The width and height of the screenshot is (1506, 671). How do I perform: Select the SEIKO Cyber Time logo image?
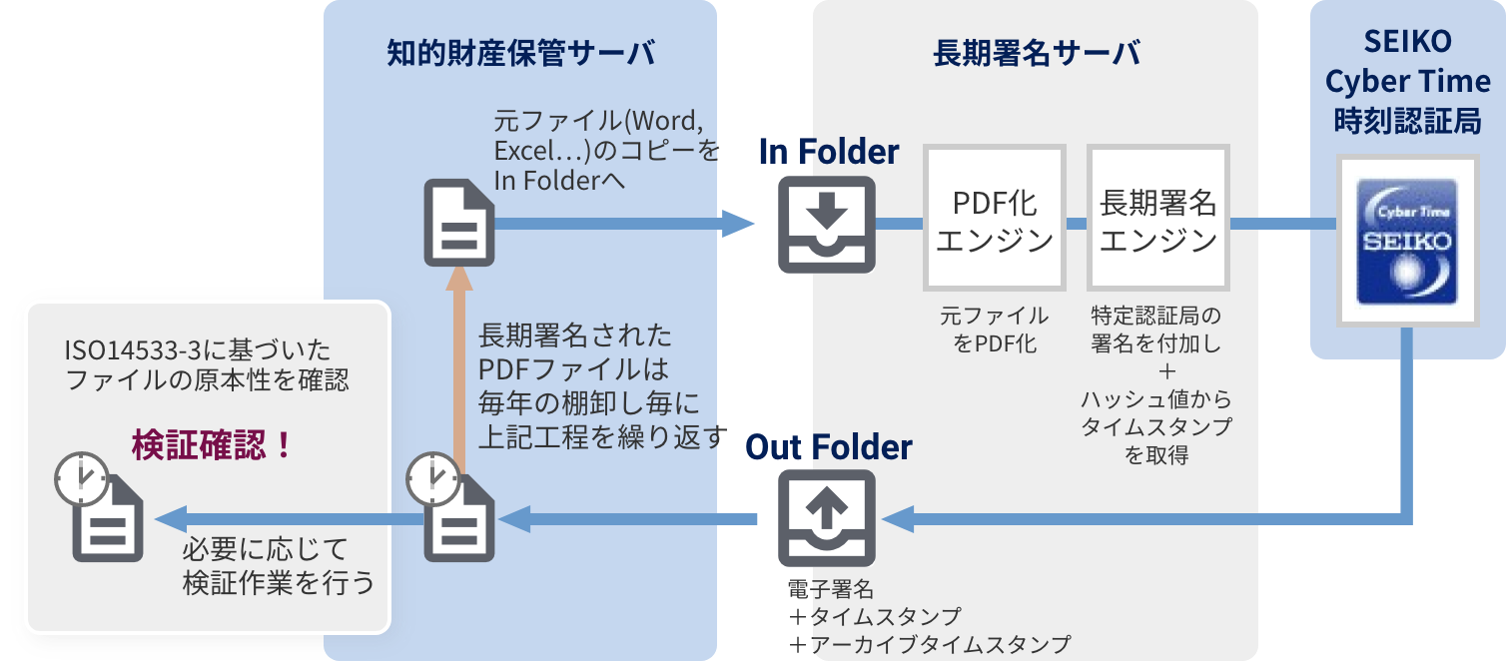click(x=1408, y=242)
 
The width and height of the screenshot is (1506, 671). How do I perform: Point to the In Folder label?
click(x=829, y=152)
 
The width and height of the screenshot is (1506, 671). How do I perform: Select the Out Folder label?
click(x=829, y=446)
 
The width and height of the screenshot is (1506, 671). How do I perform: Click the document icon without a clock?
click(x=458, y=224)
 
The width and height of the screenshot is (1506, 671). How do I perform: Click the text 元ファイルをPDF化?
click(x=995, y=330)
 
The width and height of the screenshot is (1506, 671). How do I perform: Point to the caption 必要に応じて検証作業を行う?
click(x=278, y=565)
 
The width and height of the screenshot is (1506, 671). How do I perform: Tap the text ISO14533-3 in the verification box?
click(x=129, y=350)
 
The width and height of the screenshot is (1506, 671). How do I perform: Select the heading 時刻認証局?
click(x=1408, y=121)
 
